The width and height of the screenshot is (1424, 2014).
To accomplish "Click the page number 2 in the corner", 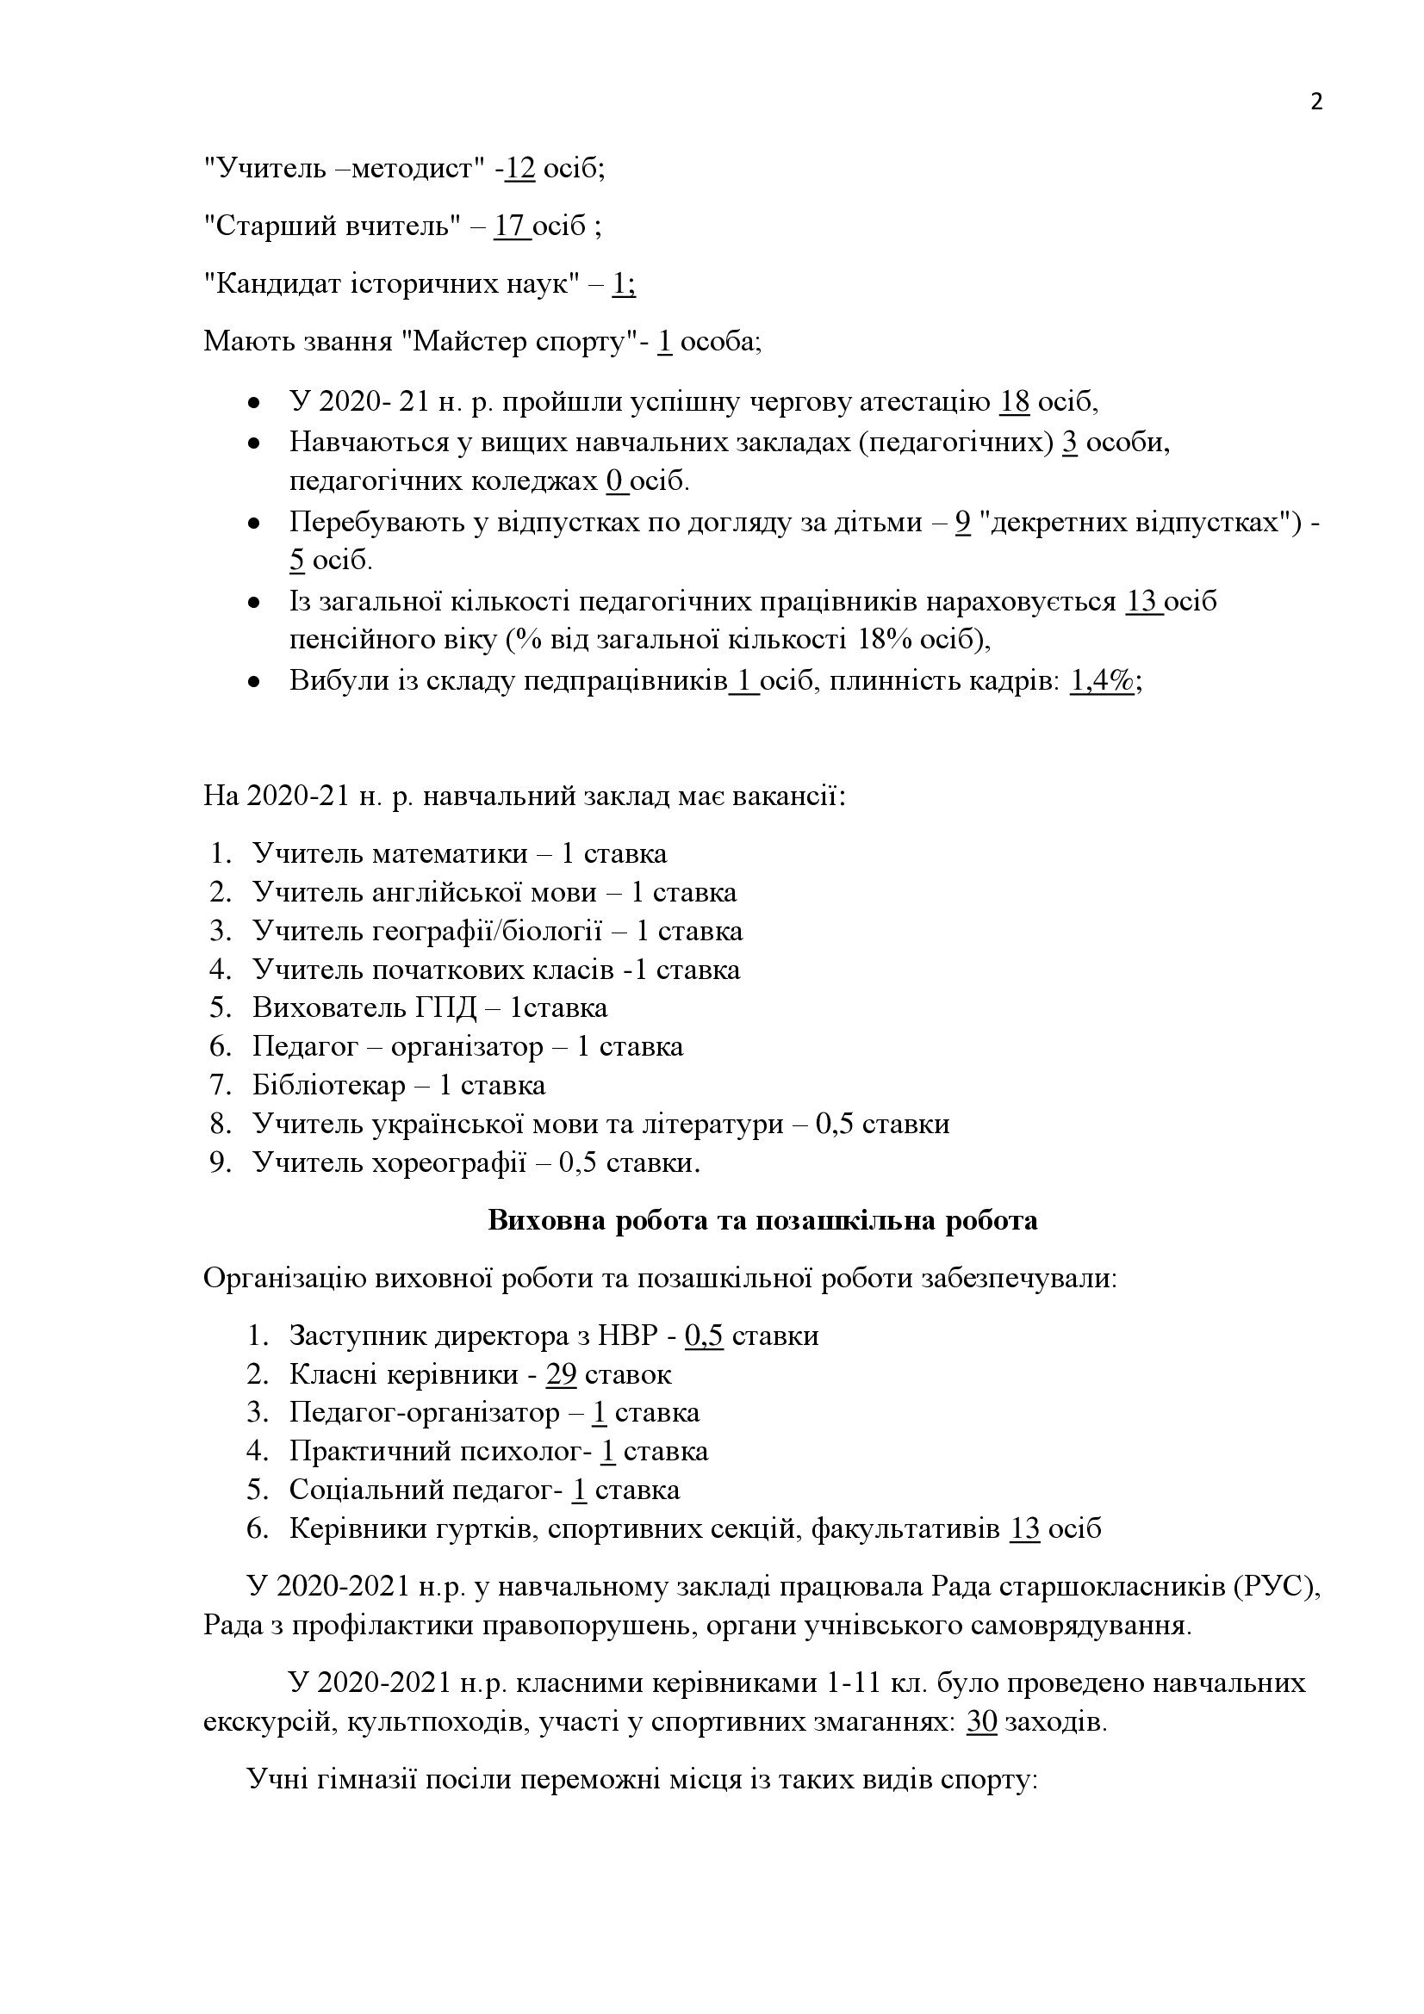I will point(1316,102).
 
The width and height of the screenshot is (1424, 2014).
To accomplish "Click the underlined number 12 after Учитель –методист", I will point(520,168).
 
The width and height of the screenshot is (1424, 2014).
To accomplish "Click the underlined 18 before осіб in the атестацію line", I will point(1014,402).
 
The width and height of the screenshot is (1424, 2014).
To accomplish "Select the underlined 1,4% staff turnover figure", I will point(1102,681).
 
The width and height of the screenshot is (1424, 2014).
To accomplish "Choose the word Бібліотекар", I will point(328,1085).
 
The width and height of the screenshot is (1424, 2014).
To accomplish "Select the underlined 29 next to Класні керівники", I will point(561,1374).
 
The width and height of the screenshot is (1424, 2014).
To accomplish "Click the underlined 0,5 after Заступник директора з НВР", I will point(704,1336).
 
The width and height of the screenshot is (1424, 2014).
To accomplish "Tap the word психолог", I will point(526,1452).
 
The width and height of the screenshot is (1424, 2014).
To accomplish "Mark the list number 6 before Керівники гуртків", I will point(256,1529).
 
